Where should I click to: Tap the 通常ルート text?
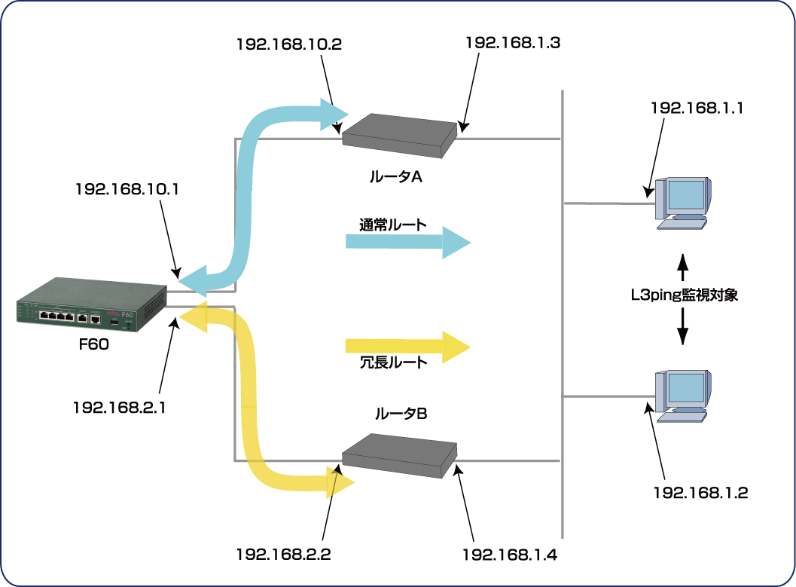click(x=392, y=225)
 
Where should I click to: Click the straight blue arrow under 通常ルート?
click(x=407, y=242)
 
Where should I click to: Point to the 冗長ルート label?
click(x=393, y=362)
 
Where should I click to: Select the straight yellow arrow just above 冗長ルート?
click(x=407, y=346)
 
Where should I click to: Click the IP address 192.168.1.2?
click(x=700, y=494)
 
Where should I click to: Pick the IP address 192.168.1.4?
click(x=512, y=556)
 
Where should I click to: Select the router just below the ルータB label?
click(x=399, y=454)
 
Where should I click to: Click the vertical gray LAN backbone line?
click(x=563, y=301)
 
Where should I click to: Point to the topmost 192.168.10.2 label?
click(x=289, y=44)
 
